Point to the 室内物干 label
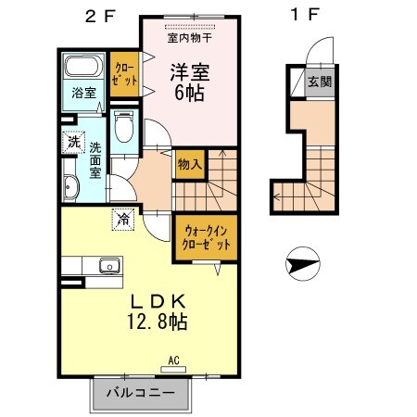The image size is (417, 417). point(189,38)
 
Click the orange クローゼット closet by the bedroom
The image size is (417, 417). point(124,75)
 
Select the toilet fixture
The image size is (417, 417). point(125,126)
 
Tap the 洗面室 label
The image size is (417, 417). point(96,159)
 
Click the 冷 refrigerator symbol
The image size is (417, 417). point(123,219)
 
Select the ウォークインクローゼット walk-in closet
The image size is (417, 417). point(201,237)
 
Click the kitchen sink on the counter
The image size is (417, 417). point(108,265)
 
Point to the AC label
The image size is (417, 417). point(172,360)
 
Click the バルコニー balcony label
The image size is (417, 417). point(140,394)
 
